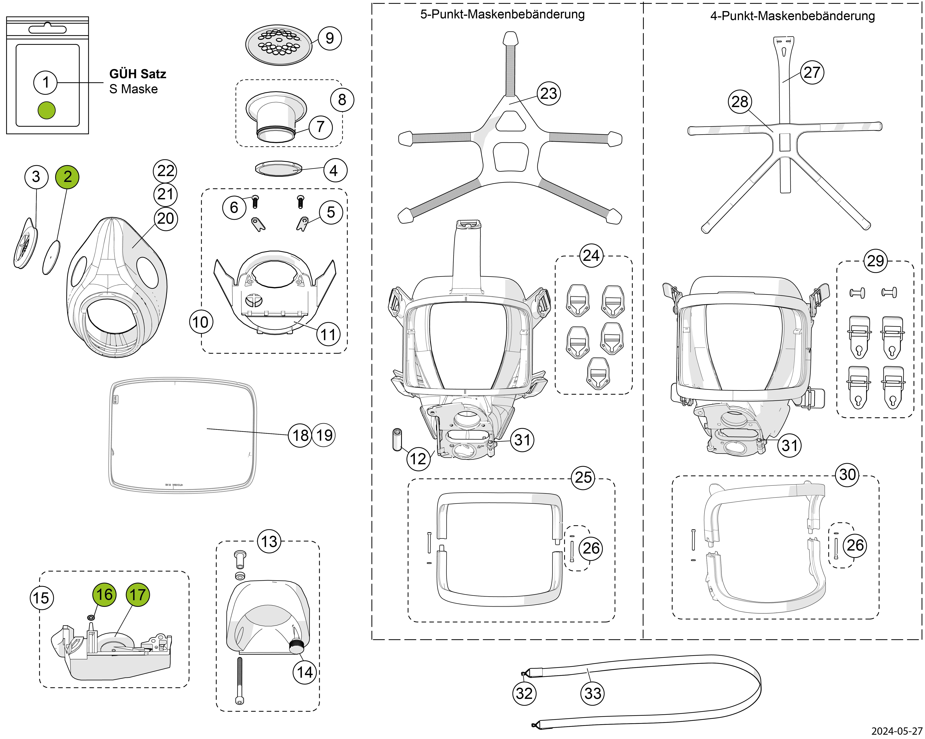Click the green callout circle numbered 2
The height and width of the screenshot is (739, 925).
67,177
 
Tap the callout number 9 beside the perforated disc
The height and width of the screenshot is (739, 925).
329,38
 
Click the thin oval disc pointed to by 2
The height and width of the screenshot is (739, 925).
51,257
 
